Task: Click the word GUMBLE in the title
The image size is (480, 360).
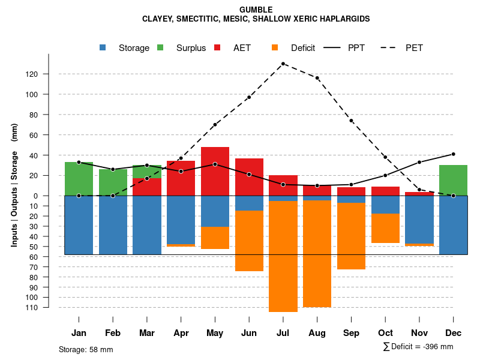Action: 256,10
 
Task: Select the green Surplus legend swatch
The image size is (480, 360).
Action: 160,47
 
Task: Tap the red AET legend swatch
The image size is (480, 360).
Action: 217,47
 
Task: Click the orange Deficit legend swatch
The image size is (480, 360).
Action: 275,47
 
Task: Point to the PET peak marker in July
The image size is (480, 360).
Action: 283,64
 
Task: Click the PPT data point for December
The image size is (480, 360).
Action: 453,154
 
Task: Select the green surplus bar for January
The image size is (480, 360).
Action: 79,179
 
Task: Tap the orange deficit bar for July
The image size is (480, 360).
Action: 283,256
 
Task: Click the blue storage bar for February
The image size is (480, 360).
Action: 113,225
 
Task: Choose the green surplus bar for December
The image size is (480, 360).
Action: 453,180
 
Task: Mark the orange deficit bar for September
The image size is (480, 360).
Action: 351,236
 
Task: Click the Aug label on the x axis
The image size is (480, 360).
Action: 317,333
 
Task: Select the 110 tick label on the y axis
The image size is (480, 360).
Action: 49,307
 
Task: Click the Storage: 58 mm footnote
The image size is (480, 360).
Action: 86,349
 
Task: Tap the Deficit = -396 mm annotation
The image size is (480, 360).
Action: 418,347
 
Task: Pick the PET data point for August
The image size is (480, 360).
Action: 317,78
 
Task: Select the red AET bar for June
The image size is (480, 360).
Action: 249,177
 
